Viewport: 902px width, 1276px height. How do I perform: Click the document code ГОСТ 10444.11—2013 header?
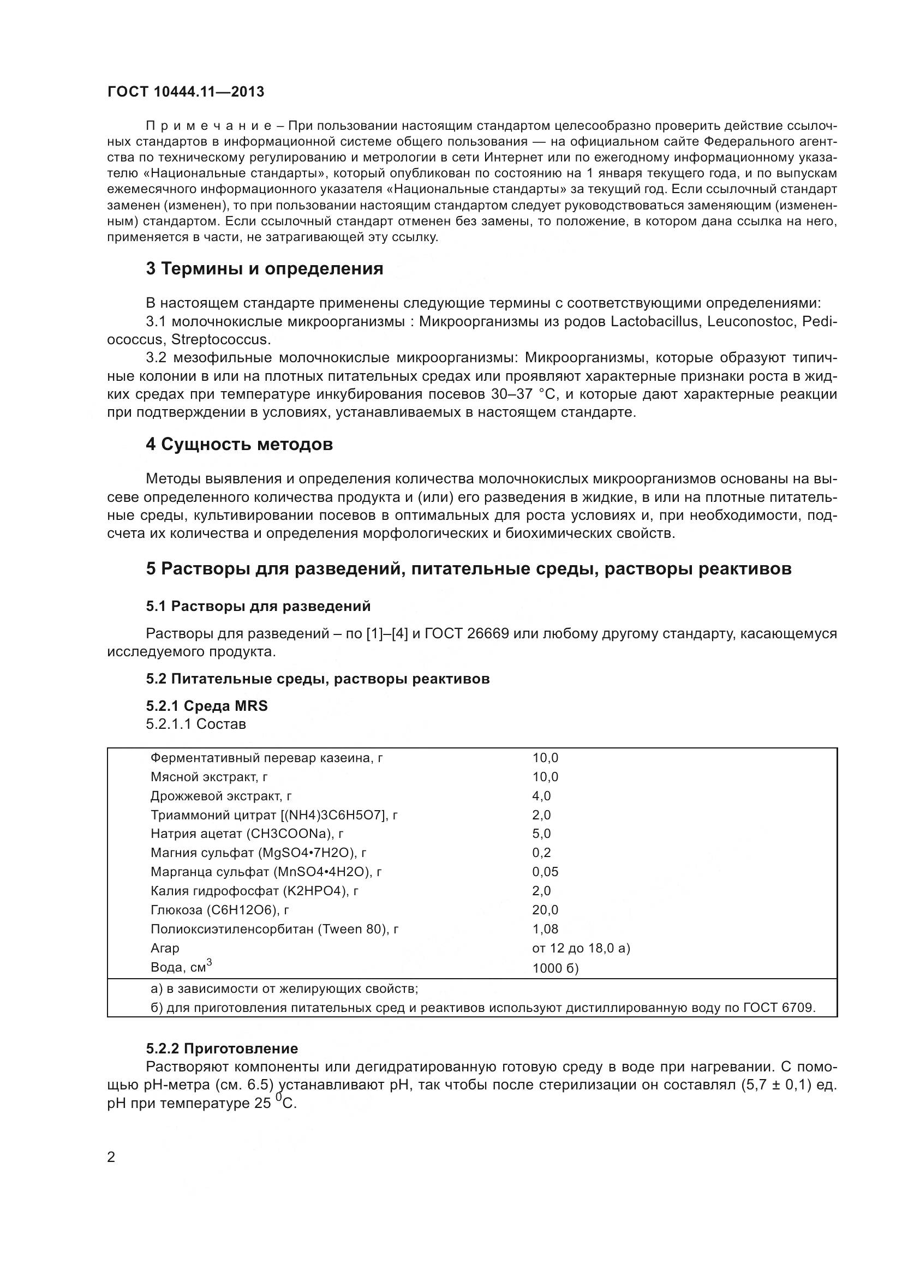[x=186, y=92]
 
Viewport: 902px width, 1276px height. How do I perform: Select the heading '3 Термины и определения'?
[x=265, y=269]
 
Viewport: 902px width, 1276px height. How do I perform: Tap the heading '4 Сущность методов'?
[x=240, y=445]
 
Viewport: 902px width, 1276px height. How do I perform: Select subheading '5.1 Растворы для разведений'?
[x=259, y=606]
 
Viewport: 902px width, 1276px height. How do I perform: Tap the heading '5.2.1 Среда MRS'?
[x=207, y=706]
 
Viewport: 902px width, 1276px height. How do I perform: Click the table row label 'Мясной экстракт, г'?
[x=210, y=777]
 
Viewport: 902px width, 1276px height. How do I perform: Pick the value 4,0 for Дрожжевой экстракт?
[x=541, y=796]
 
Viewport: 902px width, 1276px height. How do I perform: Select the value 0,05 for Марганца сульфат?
[x=545, y=872]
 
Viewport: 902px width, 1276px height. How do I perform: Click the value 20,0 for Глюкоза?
[x=545, y=910]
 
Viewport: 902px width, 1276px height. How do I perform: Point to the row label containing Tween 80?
[x=274, y=929]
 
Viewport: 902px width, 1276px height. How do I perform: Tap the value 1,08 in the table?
[x=545, y=929]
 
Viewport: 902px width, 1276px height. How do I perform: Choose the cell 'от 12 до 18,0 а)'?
[x=581, y=948]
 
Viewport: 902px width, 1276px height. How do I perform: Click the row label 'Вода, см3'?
[x=181, y=967]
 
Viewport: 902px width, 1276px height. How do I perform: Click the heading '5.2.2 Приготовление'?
[x=222, y=1049]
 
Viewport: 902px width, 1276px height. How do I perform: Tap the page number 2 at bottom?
[x=111, y=1158]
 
